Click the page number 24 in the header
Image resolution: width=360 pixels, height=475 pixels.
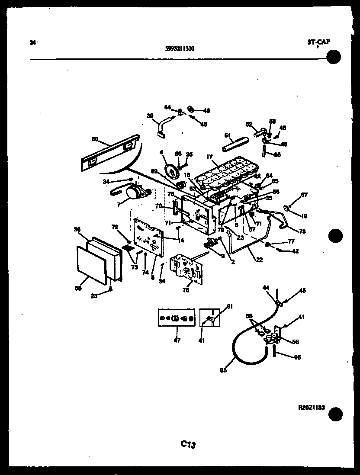click(x=32, y=42)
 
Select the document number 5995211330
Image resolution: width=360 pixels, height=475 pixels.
click(x=180, y=48)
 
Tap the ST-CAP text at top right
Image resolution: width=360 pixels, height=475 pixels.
click(x=318, y=42)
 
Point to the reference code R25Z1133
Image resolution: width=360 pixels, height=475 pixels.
click(x=312, y=407)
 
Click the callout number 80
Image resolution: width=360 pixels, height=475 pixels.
click(x=95, y=139)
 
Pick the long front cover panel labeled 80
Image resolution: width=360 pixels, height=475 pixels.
click(x=110, y=153)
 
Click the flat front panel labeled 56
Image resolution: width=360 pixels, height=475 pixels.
click(x=91, y=264)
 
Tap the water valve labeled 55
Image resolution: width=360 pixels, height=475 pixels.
click(x=272, y=336)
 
